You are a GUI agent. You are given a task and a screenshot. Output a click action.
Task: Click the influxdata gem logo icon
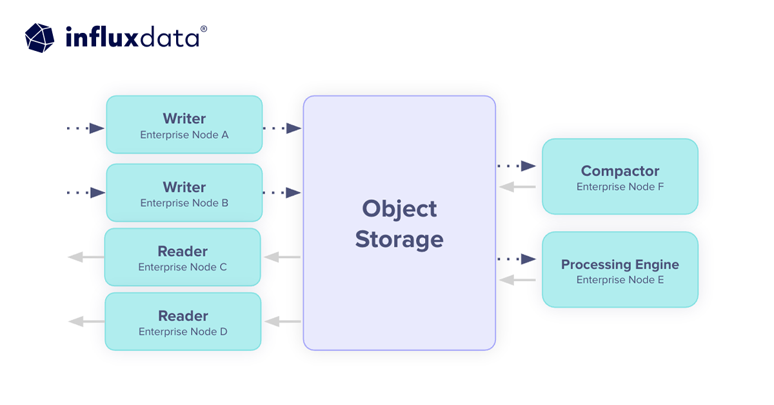coord(41,37)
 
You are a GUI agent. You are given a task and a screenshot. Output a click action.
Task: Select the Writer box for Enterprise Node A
coord(184,124)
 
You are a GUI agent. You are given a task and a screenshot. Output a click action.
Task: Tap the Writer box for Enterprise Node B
coord(184,193)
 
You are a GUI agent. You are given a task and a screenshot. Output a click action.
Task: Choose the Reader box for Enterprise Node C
coord(183,257)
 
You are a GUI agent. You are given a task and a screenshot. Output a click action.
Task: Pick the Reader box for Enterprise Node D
coord(183,322)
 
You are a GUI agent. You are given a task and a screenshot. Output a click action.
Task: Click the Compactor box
coord(620,177)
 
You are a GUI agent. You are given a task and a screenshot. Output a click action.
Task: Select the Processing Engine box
coord(620,270)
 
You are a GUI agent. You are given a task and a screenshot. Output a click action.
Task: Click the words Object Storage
coord(399,224)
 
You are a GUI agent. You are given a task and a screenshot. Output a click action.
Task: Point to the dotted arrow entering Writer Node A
coord(86,128)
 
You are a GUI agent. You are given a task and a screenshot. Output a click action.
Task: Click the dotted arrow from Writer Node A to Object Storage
coord(283,128)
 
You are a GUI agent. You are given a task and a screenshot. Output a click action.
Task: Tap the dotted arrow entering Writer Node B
coord(86,193)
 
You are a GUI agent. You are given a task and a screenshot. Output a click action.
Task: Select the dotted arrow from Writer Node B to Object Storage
coord(283,193)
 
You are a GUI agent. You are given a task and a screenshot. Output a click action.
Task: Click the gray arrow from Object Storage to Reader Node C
coord(282,257)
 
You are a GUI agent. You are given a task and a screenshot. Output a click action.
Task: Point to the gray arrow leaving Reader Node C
coord(86,257)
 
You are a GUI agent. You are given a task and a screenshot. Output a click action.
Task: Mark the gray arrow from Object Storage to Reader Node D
coord(282,321)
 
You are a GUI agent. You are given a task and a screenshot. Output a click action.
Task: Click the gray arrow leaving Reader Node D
coord(86,321)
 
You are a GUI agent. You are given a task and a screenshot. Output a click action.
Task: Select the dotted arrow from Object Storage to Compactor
coord(517,166)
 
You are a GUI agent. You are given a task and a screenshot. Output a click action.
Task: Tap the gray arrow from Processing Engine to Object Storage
coord(517,280)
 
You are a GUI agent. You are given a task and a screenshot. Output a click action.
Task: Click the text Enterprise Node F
coord(620,187)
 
